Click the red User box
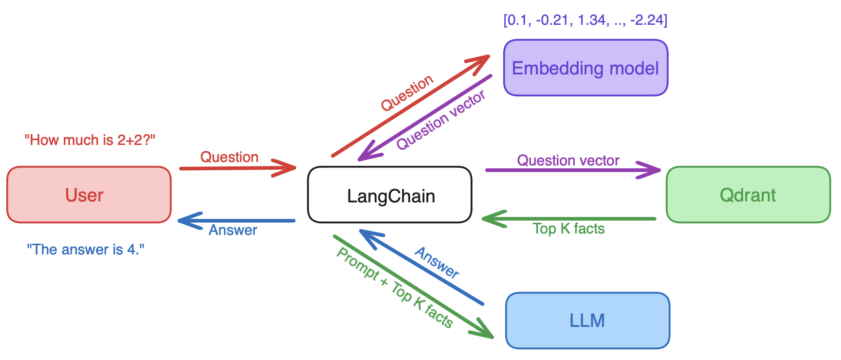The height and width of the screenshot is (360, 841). (89, 195)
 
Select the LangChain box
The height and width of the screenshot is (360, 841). (390, 195)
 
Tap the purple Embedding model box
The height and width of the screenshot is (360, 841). (585, 68)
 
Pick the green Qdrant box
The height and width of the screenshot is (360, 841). (748, 195)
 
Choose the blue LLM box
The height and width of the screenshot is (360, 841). (587, 320)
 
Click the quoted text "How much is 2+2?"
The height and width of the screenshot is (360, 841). (90, 140)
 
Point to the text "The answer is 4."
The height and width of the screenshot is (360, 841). (86, 250)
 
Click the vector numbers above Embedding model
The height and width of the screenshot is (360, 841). (585, 20)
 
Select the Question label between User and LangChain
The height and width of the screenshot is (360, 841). (229, 157)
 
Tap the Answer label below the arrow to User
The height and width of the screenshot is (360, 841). (233, 230)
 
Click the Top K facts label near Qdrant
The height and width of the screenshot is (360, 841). (568, 229)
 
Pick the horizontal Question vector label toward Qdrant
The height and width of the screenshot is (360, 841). (568, 161)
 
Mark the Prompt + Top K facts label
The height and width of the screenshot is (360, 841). (395, 288)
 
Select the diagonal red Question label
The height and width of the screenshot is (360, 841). (407, 92)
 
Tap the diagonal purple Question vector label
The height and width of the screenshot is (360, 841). (440, 120)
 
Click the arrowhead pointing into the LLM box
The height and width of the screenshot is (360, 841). (485, 331)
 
